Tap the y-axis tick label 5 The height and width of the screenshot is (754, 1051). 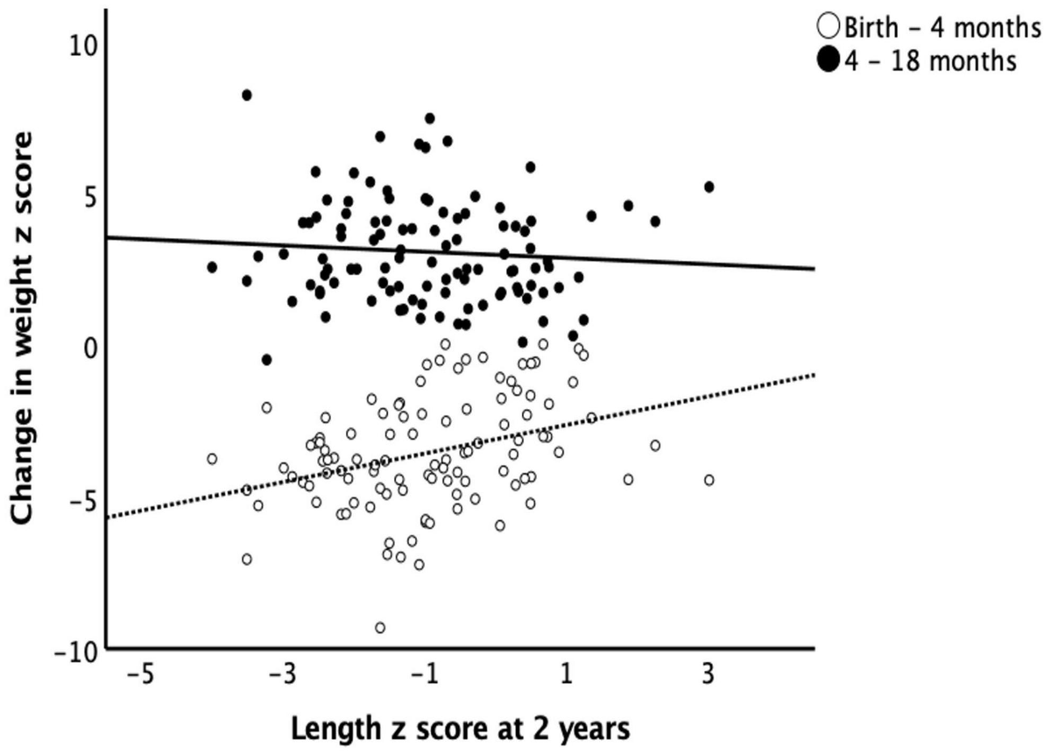click(85, 195)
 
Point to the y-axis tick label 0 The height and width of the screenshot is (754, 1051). click(85, 347)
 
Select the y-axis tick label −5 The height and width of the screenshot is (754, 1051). click(76, 498)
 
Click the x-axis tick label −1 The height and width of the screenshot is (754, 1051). click(424, 676)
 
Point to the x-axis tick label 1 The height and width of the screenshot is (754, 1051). click(567, 676)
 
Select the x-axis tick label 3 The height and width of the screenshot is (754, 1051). click(709, 676)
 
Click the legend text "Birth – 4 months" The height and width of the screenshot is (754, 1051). click(938, 27)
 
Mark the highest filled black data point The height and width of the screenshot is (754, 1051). click(247, 95)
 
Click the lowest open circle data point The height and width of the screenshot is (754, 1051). click(379, 627)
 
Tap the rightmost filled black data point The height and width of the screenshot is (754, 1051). click(709, 187)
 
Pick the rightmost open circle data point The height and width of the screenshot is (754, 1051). click(709, 479)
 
